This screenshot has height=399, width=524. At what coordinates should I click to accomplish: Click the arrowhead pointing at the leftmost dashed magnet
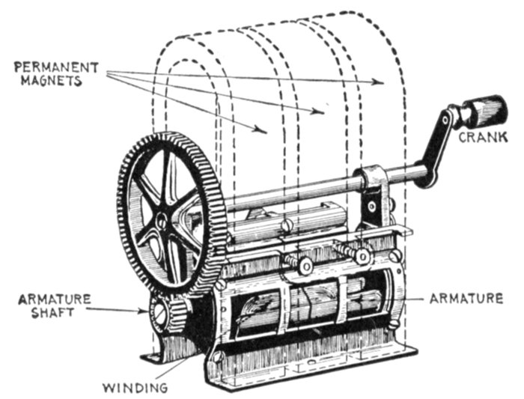click(261, 130)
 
